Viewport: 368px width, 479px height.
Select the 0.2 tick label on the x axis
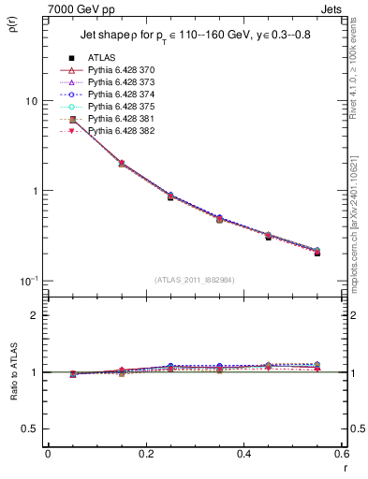tap(145, 454)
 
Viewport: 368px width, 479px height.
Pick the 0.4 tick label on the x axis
tap(243, 454)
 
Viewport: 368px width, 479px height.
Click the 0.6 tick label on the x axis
tap(341, 454)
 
